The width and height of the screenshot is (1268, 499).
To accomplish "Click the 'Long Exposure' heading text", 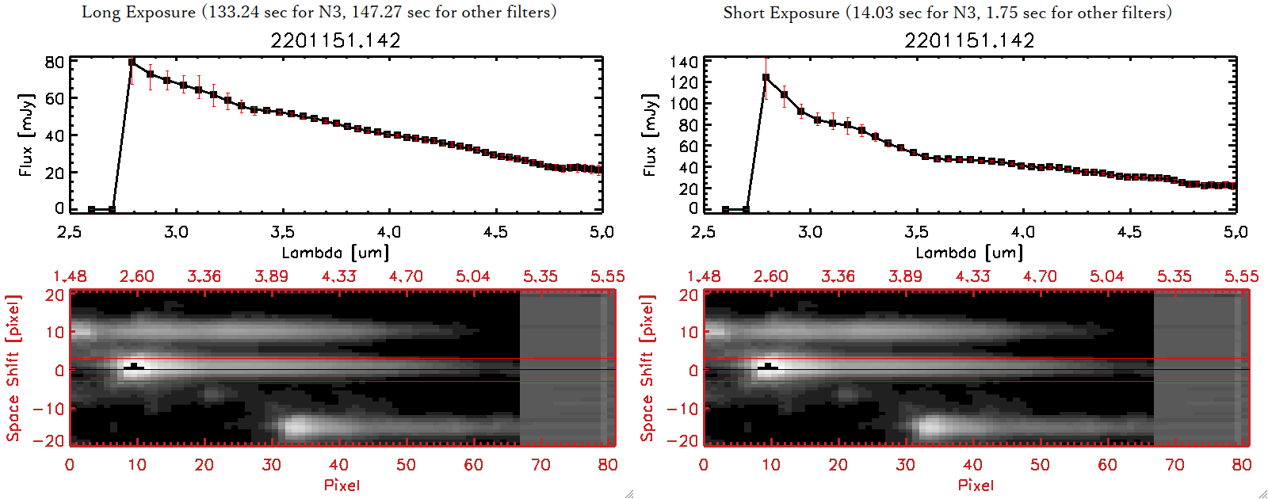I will click(138, 12).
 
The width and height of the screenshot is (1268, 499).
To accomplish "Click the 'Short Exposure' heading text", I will click(781, 13).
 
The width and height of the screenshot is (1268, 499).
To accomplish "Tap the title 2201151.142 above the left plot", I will click(335, 40).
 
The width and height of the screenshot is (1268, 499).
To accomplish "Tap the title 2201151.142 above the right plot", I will click(969, 40).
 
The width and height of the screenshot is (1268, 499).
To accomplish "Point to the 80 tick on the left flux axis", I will click(54, 62).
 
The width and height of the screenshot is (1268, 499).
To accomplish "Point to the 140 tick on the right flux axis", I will click(683, 62).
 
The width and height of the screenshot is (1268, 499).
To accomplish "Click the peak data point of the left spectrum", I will click(132, 62).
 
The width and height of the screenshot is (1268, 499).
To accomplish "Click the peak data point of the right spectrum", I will click(766, 78).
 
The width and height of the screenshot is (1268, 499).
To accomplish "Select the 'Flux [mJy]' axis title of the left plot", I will click(26, 135).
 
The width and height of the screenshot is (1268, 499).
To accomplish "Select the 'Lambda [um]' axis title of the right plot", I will click(969, 253).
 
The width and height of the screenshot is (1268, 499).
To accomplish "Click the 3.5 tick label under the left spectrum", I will click(282, 232).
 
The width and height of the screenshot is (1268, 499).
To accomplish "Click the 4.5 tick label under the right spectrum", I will click(1129, 232).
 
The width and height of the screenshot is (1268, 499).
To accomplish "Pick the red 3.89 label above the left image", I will click(271, 276).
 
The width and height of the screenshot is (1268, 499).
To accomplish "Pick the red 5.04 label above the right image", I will click(1106, 276).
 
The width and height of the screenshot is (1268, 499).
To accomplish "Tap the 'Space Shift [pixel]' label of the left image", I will click(13, 368).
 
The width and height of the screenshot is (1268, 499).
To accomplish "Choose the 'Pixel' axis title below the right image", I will click(976, 485).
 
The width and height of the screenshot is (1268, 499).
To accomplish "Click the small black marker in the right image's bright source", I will click(768, 367).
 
